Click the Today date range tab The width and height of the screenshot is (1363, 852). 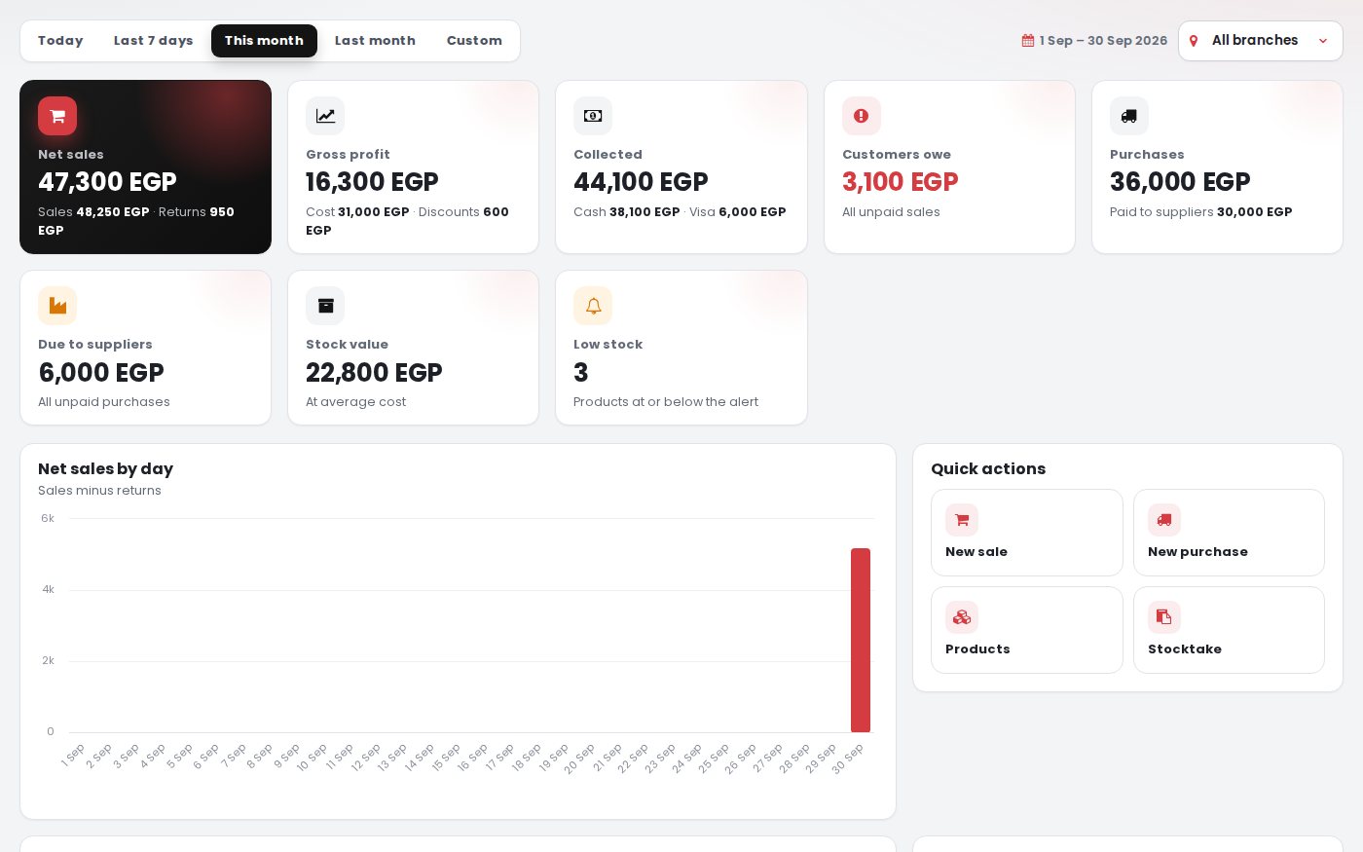60,41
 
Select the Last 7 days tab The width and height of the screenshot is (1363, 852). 154,41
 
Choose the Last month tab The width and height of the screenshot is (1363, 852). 375,41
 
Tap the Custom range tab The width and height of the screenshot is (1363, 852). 474,41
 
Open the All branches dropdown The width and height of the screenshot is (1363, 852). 1260,41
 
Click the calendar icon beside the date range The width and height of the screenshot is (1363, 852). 1028,41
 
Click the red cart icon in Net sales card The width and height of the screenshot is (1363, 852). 57,116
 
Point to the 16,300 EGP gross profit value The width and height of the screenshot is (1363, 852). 372,182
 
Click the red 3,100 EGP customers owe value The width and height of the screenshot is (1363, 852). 900,182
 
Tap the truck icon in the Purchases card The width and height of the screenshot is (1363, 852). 1128,116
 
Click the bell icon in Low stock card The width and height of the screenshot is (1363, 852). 593,306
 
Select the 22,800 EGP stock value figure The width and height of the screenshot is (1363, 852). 374,372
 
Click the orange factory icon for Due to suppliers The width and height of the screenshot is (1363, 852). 57,306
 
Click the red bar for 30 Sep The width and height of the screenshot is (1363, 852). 861,641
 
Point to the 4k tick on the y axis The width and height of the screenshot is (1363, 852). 48,589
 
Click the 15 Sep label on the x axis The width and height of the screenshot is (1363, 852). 447,758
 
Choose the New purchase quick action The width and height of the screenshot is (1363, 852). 1229,533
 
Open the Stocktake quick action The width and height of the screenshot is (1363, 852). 1229,630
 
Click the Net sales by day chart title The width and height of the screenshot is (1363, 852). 105,468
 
